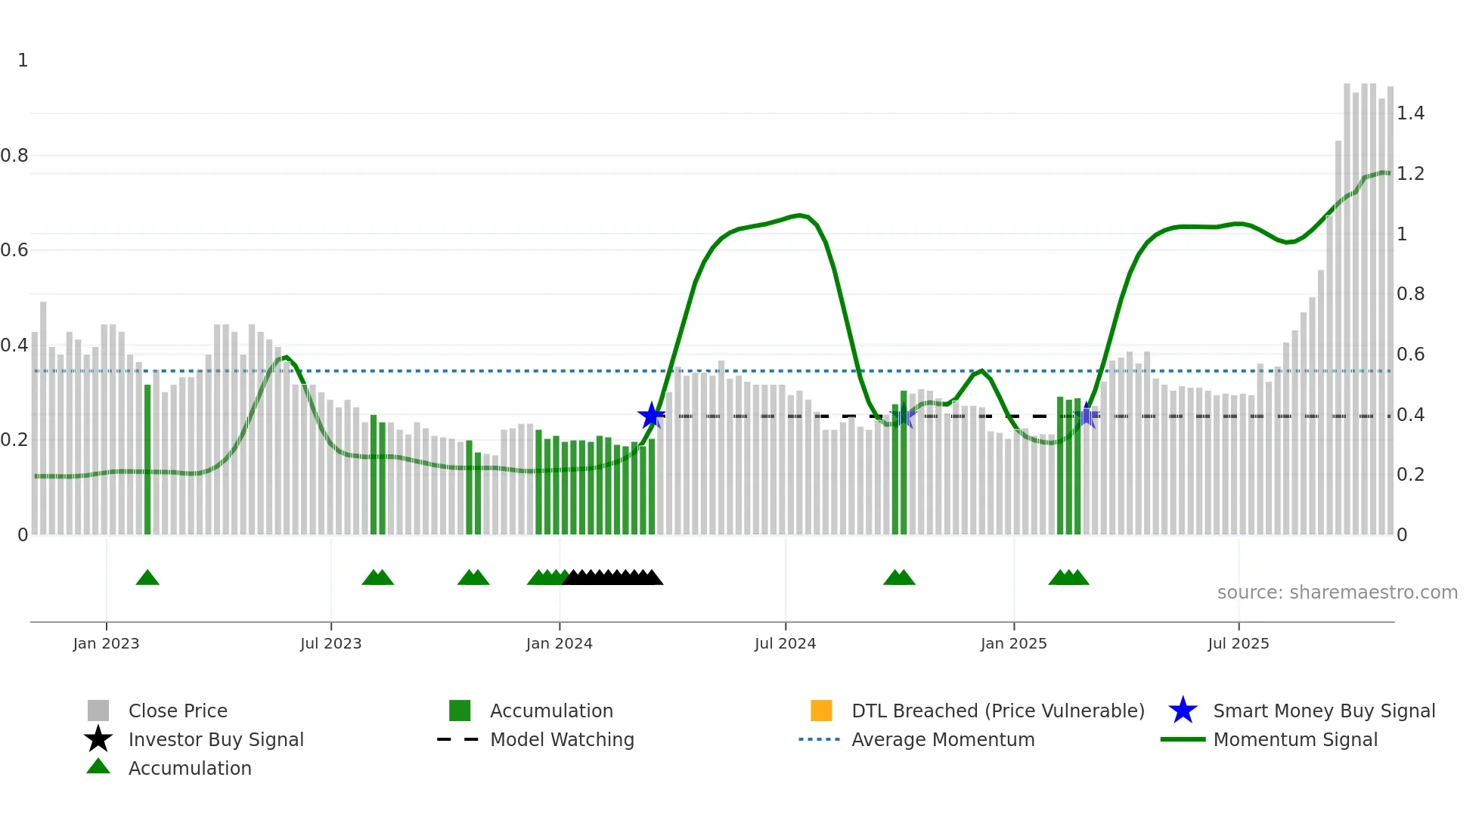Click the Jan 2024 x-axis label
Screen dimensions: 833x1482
(559, 643)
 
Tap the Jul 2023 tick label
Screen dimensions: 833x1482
(330, 643)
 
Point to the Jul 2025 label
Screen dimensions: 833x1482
(1238, 643)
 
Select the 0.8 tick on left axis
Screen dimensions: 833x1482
(14, 156)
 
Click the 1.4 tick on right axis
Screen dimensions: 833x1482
(1410, 113)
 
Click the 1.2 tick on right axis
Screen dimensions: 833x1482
(1410, 174)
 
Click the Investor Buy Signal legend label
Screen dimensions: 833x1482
(215, 739)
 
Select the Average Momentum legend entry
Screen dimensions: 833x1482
(942, 739)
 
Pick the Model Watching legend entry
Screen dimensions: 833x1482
(562, 739)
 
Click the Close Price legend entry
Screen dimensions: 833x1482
(178, 711)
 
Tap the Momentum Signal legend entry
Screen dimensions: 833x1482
(1294, 739)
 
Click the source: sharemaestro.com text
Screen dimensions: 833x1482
(1337, 593)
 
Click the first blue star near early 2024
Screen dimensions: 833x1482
(651, 415)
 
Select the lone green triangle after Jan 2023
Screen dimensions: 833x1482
(147, 578)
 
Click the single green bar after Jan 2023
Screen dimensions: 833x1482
(147, 459)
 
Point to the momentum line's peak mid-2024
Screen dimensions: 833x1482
(800, 215)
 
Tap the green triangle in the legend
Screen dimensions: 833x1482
(98, 766)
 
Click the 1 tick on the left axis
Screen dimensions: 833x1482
(23, 60)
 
